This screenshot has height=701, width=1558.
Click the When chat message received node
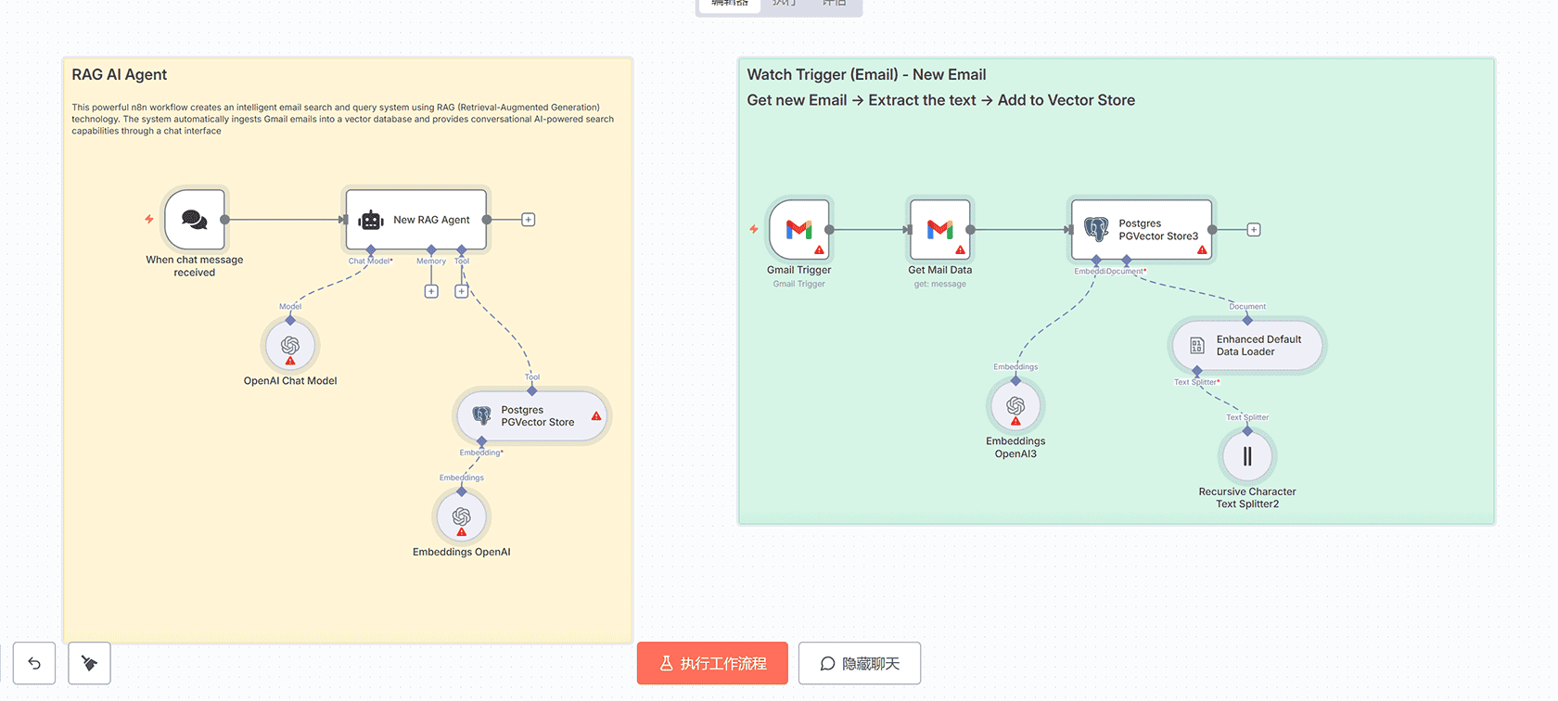(195, 220)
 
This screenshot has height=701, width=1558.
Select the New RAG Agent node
(416, 220)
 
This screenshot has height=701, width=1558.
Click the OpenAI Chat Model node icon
(290, 346)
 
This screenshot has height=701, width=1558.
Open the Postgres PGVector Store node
(532, 416)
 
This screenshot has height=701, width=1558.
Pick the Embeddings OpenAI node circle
(462, 517)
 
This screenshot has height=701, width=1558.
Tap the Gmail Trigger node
(799, 230)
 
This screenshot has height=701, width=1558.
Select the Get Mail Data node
(940, 230)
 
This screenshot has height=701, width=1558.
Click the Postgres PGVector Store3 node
(1142, 230)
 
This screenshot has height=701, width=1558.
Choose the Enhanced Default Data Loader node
(1247, 346)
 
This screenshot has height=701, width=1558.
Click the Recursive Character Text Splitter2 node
(1247, 456)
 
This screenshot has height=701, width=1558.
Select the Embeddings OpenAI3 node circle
(1015, 407)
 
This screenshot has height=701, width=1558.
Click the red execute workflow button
(712, 664)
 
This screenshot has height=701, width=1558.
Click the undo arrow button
(34, 664)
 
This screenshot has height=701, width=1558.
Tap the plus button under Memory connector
(431, 291)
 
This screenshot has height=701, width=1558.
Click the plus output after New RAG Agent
(529, 220)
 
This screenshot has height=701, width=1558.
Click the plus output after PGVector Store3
(1254, 230)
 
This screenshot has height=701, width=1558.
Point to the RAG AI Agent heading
(120, 75)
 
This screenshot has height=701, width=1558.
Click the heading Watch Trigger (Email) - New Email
(866, 75)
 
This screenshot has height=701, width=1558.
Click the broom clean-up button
(90, 664)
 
